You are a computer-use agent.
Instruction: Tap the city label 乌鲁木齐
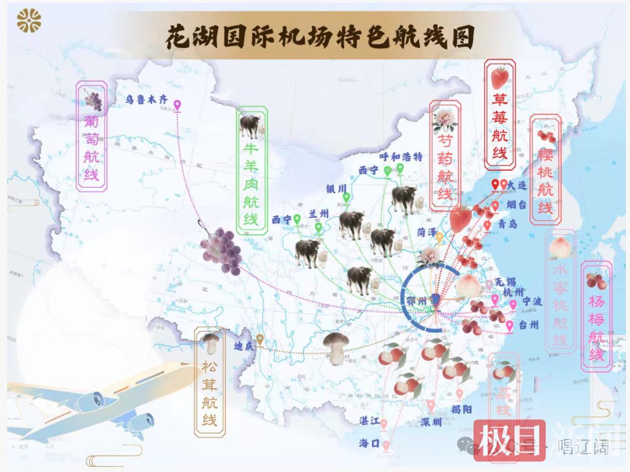[x=147, y=100]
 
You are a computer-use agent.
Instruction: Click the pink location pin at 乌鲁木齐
[x=178, y=106]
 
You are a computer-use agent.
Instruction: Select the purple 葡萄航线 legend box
[x=92, y=137]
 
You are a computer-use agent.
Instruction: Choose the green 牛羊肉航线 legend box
[x=252, y=170]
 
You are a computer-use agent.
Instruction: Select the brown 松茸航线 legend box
[x=210, y=381]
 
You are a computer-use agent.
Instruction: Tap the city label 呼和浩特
[x=401, y=157]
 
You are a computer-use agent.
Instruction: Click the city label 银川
[x=336, y=189]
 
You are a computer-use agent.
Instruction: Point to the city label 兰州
[x=318, y=214]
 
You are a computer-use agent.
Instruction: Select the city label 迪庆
[x=244, y=346]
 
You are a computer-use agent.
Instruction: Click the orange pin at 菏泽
[x=439, y=237]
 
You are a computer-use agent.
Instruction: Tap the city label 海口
[x=370, y=443]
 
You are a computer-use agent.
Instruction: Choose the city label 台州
[x=529, y=325]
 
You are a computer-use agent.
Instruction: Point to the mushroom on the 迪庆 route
[x=336, y=347]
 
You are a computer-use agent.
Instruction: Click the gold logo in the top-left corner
[x=29, y=21]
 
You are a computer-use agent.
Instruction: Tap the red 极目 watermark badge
[x=510, y=441]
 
